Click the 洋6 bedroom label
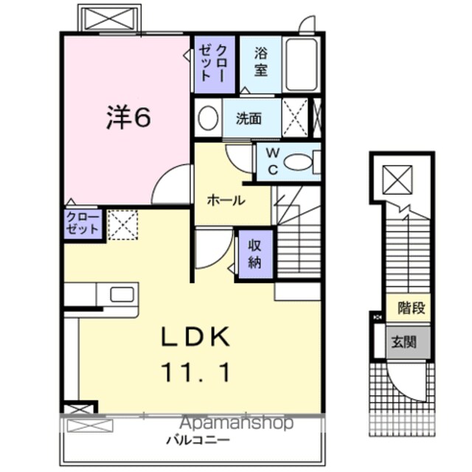(128, 117)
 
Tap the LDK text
(196, 337)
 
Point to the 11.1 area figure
(196, 372)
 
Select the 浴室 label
(260, 62)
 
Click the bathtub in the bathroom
(302, 64)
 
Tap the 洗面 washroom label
(249, 119)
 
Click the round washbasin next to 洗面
(208, 118)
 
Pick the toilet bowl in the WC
(299, 162)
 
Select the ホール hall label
(226, 201)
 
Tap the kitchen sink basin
(122, 294)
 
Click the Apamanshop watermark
(236, 423)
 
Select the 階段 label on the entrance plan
(412, 308)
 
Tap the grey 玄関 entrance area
(408, 342)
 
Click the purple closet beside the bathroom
(215, 64)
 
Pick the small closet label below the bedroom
(83, 223)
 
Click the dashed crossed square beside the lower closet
(123, 225)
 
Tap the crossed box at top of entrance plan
(398, 180)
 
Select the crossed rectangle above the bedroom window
(110, 19)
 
